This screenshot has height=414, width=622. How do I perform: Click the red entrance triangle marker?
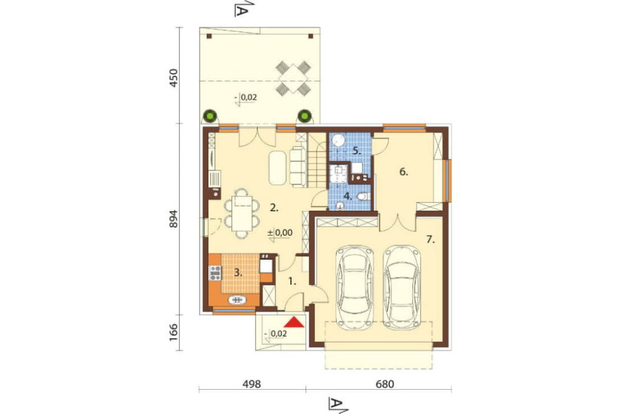[x=294, y=322]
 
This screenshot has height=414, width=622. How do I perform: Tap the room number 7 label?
[x=430, y=239]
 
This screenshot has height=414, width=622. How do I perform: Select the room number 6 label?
[x=404, y=172]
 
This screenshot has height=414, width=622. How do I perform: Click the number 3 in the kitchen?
[x=238, y=272]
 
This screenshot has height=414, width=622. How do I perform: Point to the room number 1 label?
[x=292, y=282]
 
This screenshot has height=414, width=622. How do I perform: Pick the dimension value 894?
[x=174, y=219]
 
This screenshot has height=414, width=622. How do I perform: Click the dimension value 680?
[x=385, y=384]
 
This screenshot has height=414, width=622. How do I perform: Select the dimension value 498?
[x=251, y=384]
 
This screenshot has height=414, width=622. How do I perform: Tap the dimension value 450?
[x=174, y=78]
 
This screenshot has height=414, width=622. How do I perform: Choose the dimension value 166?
[x=174, y=333]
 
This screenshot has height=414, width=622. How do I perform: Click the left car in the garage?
[x=355, y=287]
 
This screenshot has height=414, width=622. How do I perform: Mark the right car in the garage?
[x=402, y=287]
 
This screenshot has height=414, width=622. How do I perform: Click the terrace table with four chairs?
[x=293, y=78]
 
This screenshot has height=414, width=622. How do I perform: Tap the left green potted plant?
[x=210, y=116]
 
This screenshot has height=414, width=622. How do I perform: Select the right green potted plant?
[x=304, y=116]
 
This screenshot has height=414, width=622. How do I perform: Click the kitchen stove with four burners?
[x=215, y=273]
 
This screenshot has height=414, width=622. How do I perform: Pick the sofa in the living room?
[x=297, y=166]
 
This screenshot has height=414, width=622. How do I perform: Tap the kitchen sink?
[x=238, y=300]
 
